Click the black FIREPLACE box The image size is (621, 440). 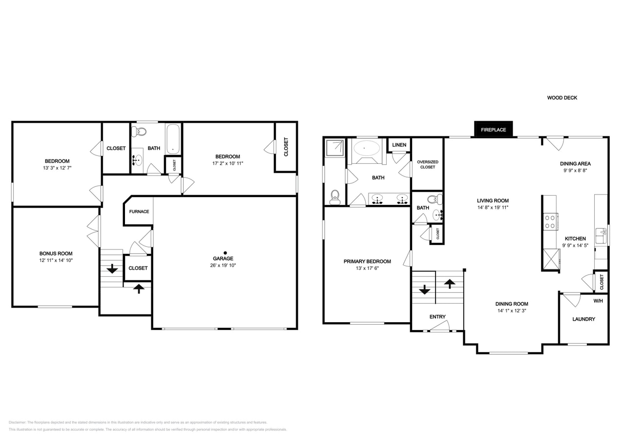pyautogui.click(x=493, y=130)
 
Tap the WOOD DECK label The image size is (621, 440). pyautogui.click(x=562, y=98)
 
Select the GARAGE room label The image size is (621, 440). pyautogui.click(x=223, y=259)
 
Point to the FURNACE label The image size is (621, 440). pyautogui.click(x=139, y=212)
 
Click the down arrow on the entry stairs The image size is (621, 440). pyautogui.click(x=424, y=289)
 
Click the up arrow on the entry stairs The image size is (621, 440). pyautogui.click(x=449, y=283)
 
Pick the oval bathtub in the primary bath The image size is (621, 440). pyautogui.click(x=367, y=148)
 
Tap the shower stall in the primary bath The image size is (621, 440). pyautogui.click(x=335, y=148)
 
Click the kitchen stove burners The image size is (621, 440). pyautogui.click(x=550, y=221)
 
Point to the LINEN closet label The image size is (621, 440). pyautogui.click(x=399, y=145)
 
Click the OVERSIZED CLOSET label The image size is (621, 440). pyautogui.click(x=427, y=164)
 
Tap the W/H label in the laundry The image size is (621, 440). pyautogui.click(x=598, y=301)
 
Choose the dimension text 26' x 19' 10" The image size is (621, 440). pyautogui.click(x=223, y=265)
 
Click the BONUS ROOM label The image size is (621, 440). pyautogui.click(x=56, y=254)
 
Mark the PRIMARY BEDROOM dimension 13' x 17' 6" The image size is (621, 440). pyautogui.click(x=367, y=268)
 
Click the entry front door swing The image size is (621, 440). pyautogui.click(x=441, y=326)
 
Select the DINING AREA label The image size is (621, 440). pyautogui.click(x=575, y=164)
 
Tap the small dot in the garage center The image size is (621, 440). pyautogui.click(x=225, y=253)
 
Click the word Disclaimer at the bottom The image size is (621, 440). pyautogui.click(x=17, y=422)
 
